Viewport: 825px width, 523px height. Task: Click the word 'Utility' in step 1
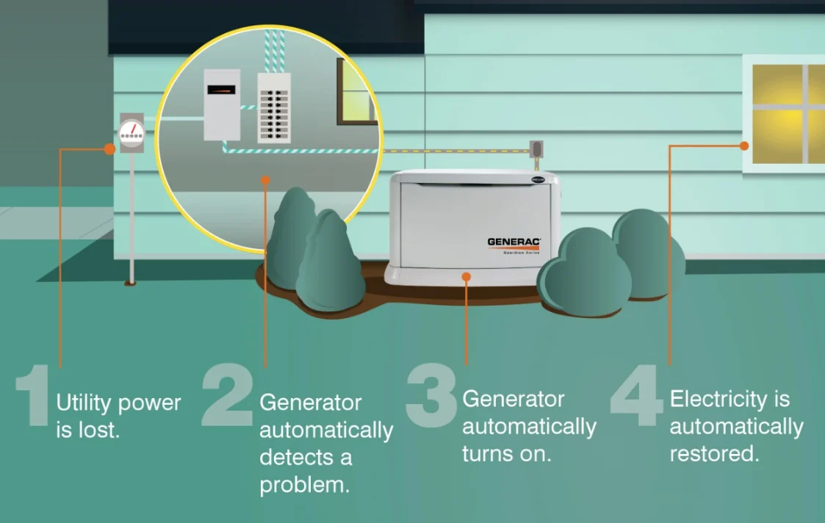coord(83,403)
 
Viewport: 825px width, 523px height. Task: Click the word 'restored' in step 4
coord(713,453)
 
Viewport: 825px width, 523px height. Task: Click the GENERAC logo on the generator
coord(513,242)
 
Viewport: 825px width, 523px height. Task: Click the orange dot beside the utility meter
coord(109,149)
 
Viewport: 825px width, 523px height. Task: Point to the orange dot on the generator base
coord(466,276)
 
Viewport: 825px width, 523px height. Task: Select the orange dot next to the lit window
coord(743,146)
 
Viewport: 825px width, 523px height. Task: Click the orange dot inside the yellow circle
coord(265,179)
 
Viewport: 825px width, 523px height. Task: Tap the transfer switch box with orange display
coord(222,104)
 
